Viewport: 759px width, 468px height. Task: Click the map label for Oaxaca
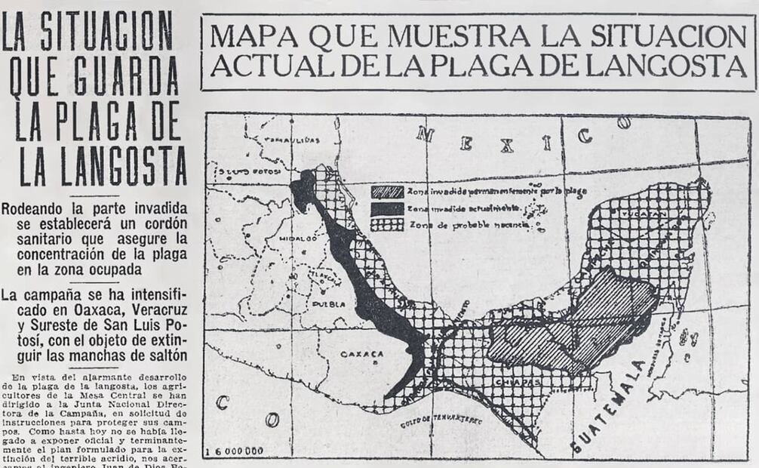(361, 354)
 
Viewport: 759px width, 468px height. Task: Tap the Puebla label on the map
(329, 304)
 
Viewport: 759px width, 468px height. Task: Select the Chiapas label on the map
(517, 383)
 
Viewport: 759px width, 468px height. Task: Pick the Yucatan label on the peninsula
(647, 214)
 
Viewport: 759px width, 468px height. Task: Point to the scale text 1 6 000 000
(235, 451)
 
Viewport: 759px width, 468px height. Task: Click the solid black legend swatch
(387, 208)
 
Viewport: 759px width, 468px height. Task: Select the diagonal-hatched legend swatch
(387, 192)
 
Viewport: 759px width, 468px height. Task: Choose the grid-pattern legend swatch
(387, 224)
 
